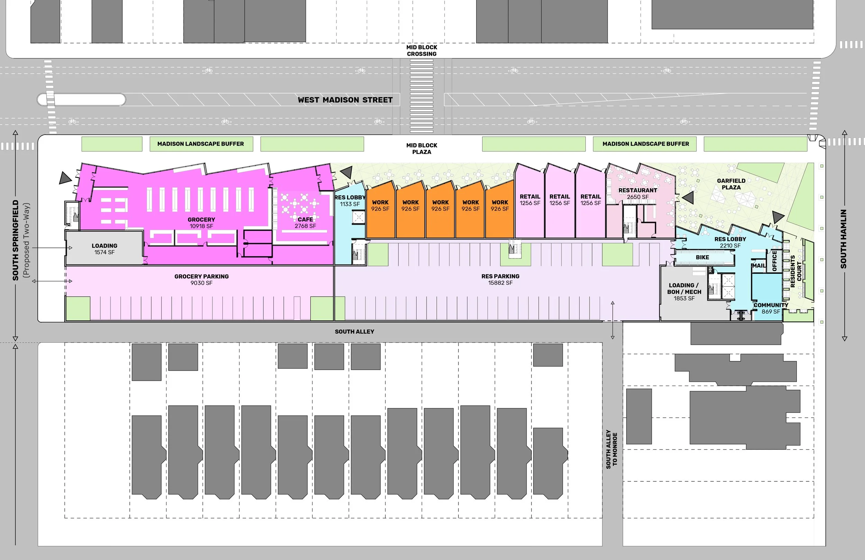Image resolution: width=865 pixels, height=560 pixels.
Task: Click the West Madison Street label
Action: tap(345, 100)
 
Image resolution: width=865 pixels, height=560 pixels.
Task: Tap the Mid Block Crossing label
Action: tap(421, 51)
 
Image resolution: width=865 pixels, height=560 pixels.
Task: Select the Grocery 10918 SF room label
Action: tap(201, 223)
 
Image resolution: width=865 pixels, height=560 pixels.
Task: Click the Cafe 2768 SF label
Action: tap(305, 223)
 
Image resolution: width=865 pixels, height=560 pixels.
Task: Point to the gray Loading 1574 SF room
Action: tap(104, 249)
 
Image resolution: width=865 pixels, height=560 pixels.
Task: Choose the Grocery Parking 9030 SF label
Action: tap(201, 279)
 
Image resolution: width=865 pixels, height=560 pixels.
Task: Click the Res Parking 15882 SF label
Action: tap(500, 279)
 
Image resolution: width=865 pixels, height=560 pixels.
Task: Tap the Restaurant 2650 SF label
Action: tap(637, 193)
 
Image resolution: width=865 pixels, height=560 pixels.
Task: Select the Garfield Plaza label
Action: tap(731, 184)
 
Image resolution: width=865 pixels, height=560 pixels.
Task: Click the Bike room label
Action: tap(702, 258)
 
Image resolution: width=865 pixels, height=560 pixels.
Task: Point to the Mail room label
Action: tap(758, 266)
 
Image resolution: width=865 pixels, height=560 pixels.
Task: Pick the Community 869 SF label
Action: tap(771, 308)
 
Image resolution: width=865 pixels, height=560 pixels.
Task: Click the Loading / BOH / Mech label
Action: tap(684, 292)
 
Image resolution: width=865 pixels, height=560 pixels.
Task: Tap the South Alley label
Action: tap(354, 332)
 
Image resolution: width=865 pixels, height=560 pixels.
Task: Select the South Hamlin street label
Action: tap(843, 239)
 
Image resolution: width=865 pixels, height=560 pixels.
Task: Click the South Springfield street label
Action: tap(16, 240)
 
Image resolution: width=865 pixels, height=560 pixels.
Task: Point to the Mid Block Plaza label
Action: tap(421, 148)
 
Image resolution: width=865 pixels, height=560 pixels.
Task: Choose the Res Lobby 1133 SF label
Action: tap(350, 201)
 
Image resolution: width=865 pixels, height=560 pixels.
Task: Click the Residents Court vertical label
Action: tap(795, 271)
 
